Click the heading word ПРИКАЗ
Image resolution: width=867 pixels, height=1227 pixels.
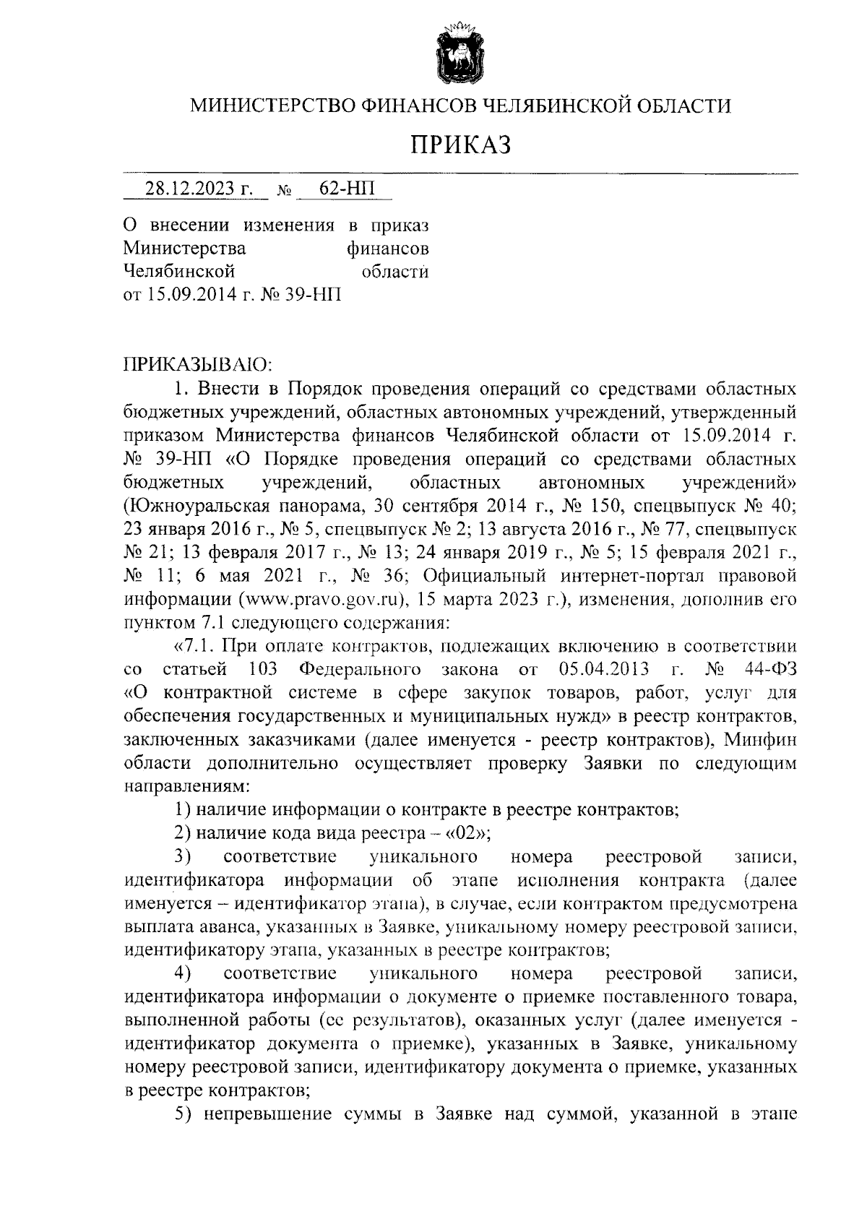[461, 145]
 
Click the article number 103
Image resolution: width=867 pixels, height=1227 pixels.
[263, 668]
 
